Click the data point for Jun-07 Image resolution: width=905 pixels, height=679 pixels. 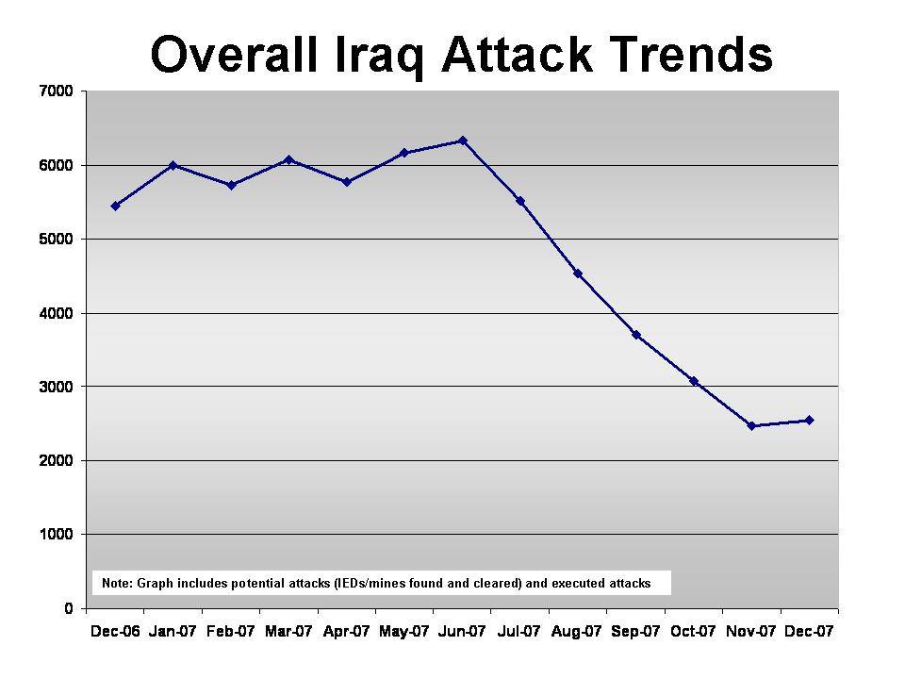point(462,141)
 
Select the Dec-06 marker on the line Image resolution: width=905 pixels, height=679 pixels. point(115,206)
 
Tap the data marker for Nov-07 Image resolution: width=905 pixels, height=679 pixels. point(751,425)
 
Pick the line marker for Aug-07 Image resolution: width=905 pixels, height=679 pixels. point(578,273)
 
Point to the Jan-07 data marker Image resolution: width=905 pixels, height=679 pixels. point(173,166)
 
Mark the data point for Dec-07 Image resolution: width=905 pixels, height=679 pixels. point(809,421)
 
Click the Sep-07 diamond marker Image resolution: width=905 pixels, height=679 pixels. point(636,335)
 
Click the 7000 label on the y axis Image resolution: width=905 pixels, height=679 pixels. point(56,91)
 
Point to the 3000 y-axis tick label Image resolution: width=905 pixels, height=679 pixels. point(56,387)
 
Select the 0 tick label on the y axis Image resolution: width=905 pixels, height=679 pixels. point(69,608)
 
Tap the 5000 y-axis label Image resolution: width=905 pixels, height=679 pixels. point(56,239)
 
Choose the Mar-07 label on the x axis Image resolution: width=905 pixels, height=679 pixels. point(288,632)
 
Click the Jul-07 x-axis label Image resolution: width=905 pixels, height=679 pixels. point(518,632)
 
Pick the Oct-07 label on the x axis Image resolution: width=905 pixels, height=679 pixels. point(693,632)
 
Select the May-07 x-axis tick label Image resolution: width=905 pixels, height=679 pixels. point(404,632)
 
